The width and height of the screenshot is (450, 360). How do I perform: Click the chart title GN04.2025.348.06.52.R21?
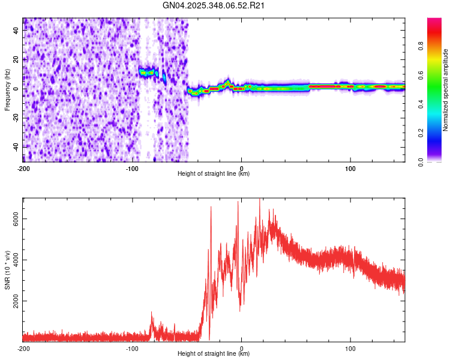[x=214, y=5]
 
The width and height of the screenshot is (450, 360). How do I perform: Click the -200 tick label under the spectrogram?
[x=24, y=167]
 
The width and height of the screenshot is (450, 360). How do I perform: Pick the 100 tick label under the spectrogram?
[x=350, y=167]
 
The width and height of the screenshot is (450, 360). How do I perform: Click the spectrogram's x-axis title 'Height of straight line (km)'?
[x=214, y=174]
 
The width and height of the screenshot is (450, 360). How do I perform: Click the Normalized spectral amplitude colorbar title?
[x=446, y=90]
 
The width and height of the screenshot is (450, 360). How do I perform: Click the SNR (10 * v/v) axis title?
[x=7, y=269]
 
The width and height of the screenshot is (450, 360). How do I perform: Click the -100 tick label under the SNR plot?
[x=133, y=348]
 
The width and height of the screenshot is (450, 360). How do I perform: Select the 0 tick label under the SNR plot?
[x=241, y=348]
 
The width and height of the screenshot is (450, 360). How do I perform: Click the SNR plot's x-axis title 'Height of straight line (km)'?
[x=214, y=354]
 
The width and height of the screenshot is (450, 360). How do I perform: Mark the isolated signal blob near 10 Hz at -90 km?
[x=148, y=73]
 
